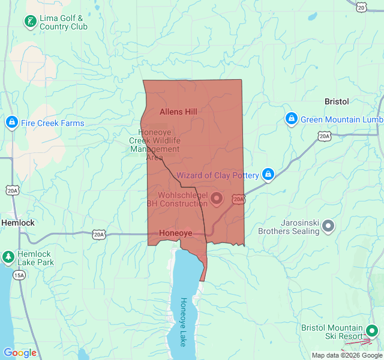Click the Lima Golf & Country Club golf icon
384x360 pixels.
click(30, 22)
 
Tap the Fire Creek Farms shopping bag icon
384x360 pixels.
click(11, 123)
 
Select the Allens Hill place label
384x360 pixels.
click(178, 112)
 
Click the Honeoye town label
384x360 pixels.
click(176, 233)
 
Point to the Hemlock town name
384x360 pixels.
click(18, 223)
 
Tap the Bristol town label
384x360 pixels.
click(337, 101)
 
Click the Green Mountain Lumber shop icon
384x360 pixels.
click(292, 119)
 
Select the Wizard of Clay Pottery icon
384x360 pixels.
click(268, 175)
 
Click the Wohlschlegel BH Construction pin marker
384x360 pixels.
click(217, 198)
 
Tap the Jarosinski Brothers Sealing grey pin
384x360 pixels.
click(328, 226)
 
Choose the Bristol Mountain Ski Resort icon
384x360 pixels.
click(372, 331)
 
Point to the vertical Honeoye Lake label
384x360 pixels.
click(184, 322)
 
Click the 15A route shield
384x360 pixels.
click(19, 275)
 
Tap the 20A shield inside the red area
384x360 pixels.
click(238, 199)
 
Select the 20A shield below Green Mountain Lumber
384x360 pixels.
click(325, 136)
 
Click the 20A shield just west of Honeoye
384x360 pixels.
click(99, 234)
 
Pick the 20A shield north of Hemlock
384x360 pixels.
click(12, 190)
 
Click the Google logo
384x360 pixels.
click(20, 353)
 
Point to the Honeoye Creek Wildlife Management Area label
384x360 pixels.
click(154, 145)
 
